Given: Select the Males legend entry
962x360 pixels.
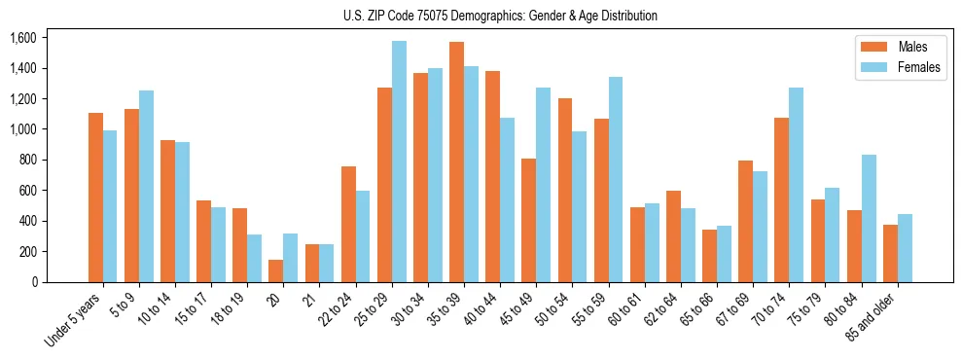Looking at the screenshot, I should [898, 47].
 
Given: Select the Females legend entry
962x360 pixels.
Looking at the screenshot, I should [898, 69].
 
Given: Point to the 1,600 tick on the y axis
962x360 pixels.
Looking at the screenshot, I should [22, 38].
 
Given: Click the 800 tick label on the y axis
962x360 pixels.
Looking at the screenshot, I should [26, 160].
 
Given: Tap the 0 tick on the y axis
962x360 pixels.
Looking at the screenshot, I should [34, 282].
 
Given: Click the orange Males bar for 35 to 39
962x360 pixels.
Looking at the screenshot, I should [456, 162].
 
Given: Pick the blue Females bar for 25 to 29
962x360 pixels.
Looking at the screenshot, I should [399, 162].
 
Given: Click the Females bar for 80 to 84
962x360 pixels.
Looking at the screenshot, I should [869, 218].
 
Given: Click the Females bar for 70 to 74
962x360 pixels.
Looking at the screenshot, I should [797, 185].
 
